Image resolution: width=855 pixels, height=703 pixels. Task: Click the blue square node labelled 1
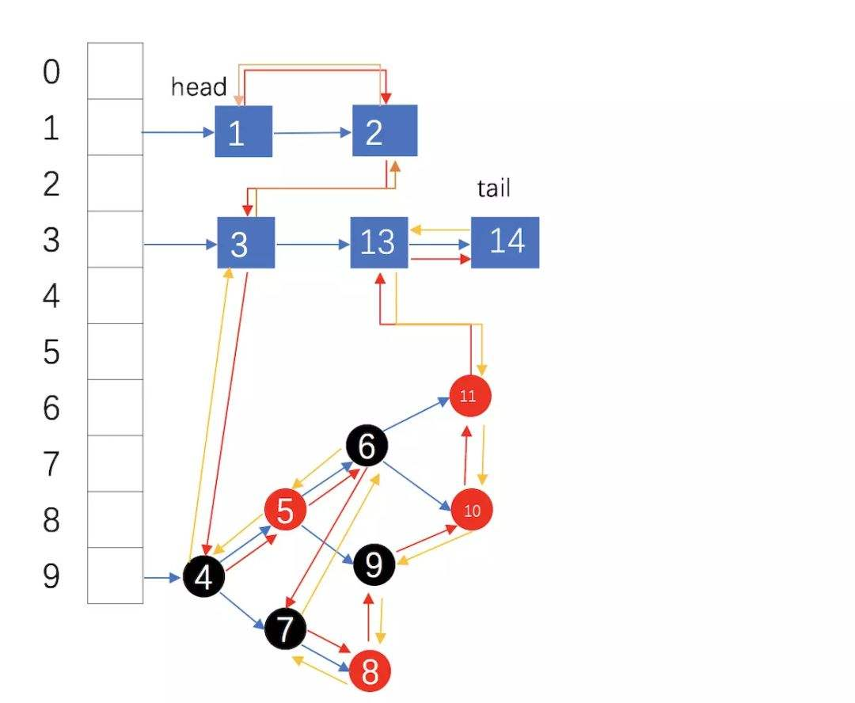tap(243, 131)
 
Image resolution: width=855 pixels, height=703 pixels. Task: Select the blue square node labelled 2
tap(385, 131)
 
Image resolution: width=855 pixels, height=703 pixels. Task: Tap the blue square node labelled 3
tap(245, 242)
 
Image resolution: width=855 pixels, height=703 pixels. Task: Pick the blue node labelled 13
tap(379, 241)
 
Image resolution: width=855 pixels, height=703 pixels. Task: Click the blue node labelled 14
tap(505, 241)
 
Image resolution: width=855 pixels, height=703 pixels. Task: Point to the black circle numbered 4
tap(203, 577)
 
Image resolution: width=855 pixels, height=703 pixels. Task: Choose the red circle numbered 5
tap(285, 511)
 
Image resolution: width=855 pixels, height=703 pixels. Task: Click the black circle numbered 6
tap(367, 446)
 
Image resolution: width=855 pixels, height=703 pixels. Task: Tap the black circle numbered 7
tap(285, 629)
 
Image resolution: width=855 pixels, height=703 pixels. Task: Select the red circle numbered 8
tap(370, 672)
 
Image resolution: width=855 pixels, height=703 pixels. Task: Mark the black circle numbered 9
tap(374, 564)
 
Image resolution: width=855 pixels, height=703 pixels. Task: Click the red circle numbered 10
tap(472, 510)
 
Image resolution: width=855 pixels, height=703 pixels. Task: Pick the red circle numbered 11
tap(469, 395)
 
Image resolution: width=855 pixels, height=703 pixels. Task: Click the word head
tap(199, 87)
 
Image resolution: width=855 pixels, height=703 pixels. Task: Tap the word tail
tap(493, 188)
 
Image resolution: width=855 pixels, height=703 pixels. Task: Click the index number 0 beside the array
tap(51, 72)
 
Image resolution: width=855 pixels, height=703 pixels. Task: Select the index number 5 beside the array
tap(51, 352)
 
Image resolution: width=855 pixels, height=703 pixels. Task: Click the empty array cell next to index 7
tap(115, 463)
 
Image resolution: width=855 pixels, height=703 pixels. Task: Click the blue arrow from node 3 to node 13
tap(313, 244)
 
